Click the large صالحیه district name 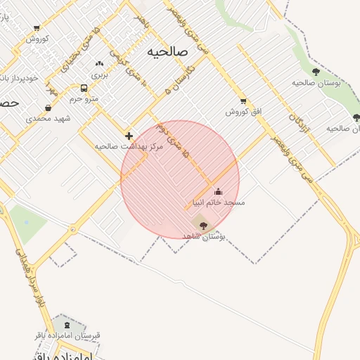pyautogui.click(x=169, y=52)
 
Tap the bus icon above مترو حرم pyautogui.click(x=84, y=89)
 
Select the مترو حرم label pyautogui.click(x=83, y=99)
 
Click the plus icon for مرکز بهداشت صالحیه pyautogui.click(x=129, y=135)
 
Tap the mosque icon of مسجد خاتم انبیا pyautogui.click(x=218, y=191)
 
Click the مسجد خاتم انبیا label pyautogui.click(x=219, y=202)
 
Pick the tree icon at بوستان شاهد pyautogui.click(x=204, y=226)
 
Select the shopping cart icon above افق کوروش pyautogui.click(x=243, y=101)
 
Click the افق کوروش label pyautogui.click(x=243, y=112)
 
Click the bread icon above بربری pyautogui.click(x=99, y=63)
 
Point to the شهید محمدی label pyautogui.click(x=49, y=118)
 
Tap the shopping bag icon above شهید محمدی pyautogui.click(x=47, y=108)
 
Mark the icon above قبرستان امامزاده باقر pyautogui.click(x=67, y=325)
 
